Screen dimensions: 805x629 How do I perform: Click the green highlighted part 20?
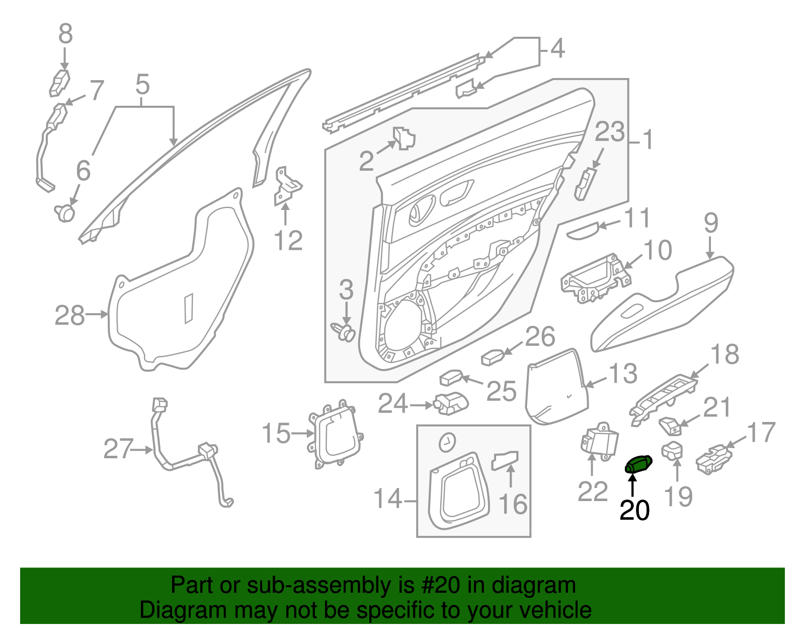(638, 464)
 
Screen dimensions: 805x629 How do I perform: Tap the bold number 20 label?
(634, 510)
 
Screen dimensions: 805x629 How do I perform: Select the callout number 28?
(69, 315)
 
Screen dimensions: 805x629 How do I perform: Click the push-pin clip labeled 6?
(65, 213)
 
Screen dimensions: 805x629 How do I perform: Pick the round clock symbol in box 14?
(447, 442)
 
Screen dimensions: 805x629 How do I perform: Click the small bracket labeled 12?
(287, 186)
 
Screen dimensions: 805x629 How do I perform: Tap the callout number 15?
(276, 433)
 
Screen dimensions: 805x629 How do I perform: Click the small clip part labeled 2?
(404, 138)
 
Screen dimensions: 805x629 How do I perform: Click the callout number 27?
(118, 449)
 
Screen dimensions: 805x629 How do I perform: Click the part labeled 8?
(59, 83)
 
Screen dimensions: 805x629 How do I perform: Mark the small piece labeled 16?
(505, 460)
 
